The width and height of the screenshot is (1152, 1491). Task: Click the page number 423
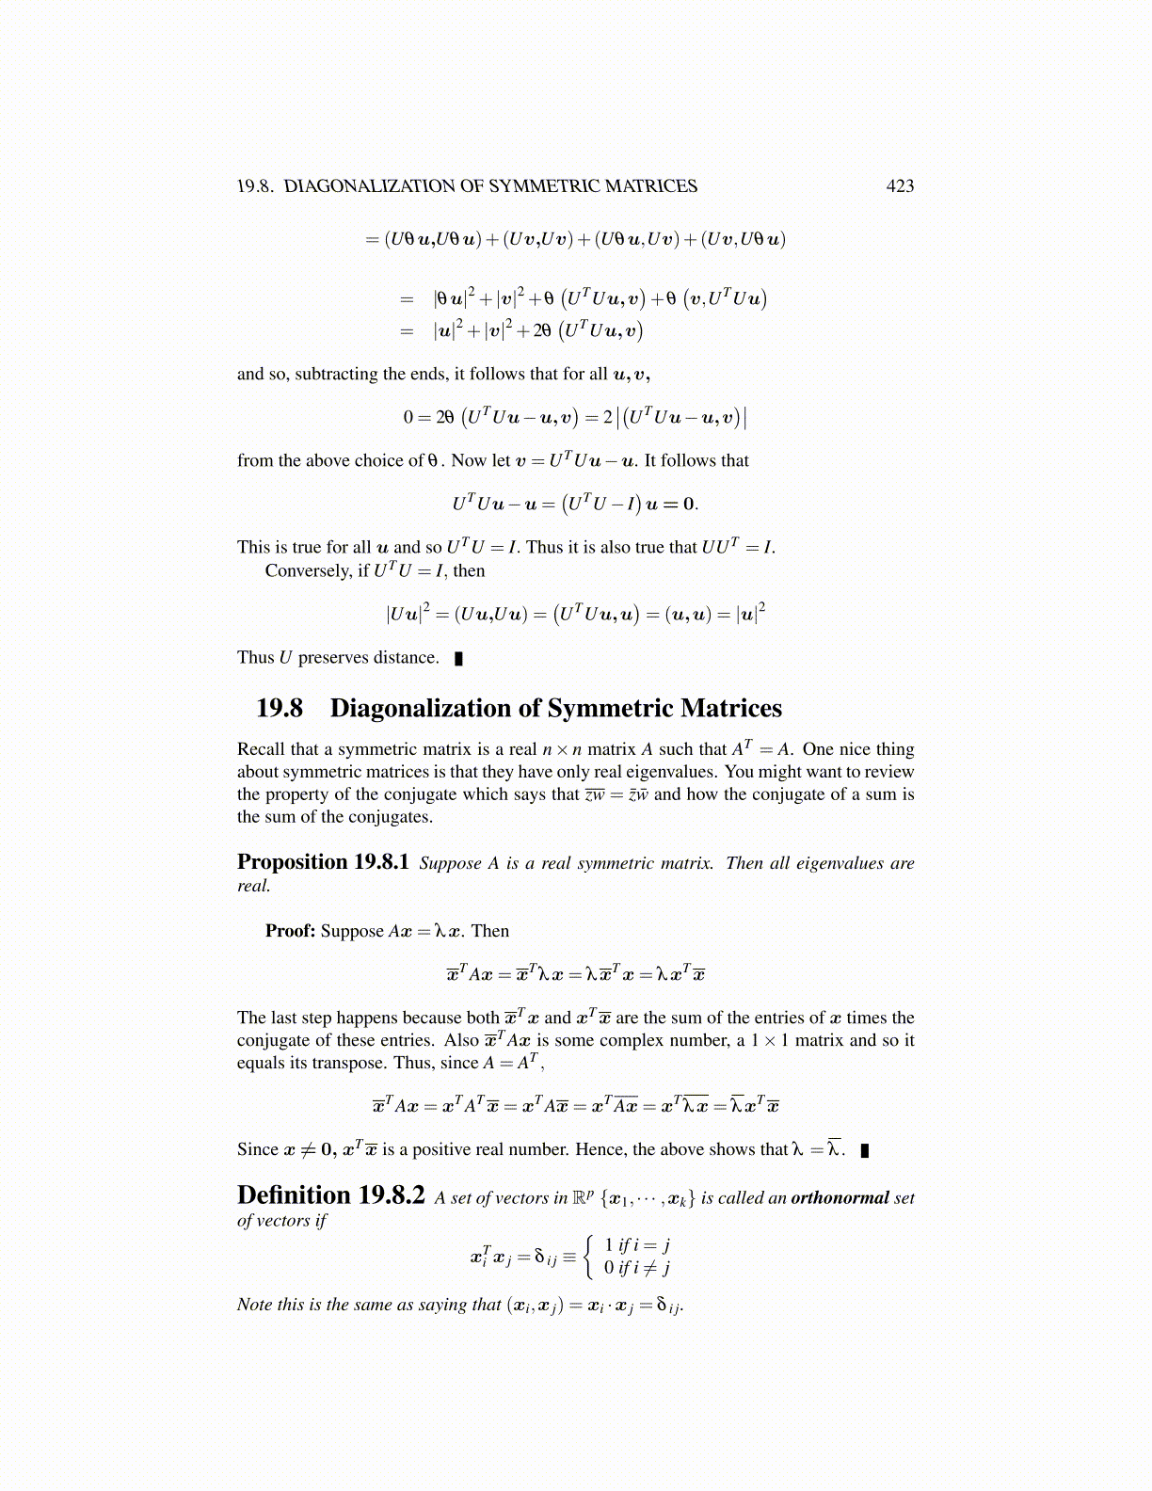coord(900,186)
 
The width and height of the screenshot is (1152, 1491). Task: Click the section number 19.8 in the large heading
coord(280,708)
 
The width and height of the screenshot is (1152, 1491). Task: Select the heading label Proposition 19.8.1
coord(323,862)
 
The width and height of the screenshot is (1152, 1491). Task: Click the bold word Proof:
coord(290,931)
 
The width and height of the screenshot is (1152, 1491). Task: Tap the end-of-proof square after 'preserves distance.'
coord(459,658)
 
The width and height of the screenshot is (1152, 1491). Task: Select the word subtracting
coord(336,374)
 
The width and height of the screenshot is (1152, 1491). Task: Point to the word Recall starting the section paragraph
coord(261,749)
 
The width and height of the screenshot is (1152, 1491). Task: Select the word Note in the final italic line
coord(254,1305)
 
